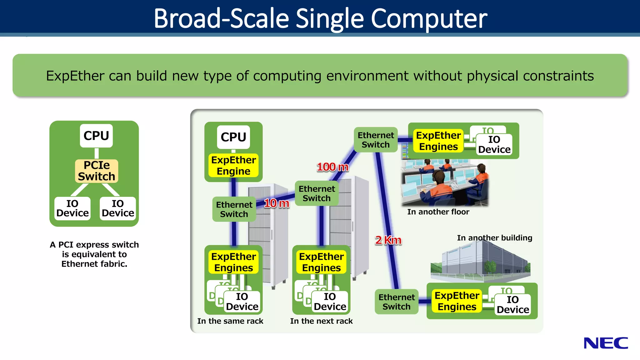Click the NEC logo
point(606,343)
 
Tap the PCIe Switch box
point(97,171)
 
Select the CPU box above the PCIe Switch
point(96,136)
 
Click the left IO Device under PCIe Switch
point(72,208)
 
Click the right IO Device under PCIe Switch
point(118,208)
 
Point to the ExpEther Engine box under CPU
point(233,166)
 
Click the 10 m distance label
point(277,203)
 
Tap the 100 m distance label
point(332,167)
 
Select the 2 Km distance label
point(388,240)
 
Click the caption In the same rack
point(230,321)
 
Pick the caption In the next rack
point(321,321)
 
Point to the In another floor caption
point(438,212)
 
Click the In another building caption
point(494,238)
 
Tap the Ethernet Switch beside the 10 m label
point(234,209)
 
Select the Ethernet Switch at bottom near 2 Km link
point(397,302)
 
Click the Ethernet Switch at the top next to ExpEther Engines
point(376,140)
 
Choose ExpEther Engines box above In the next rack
point(321,262)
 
